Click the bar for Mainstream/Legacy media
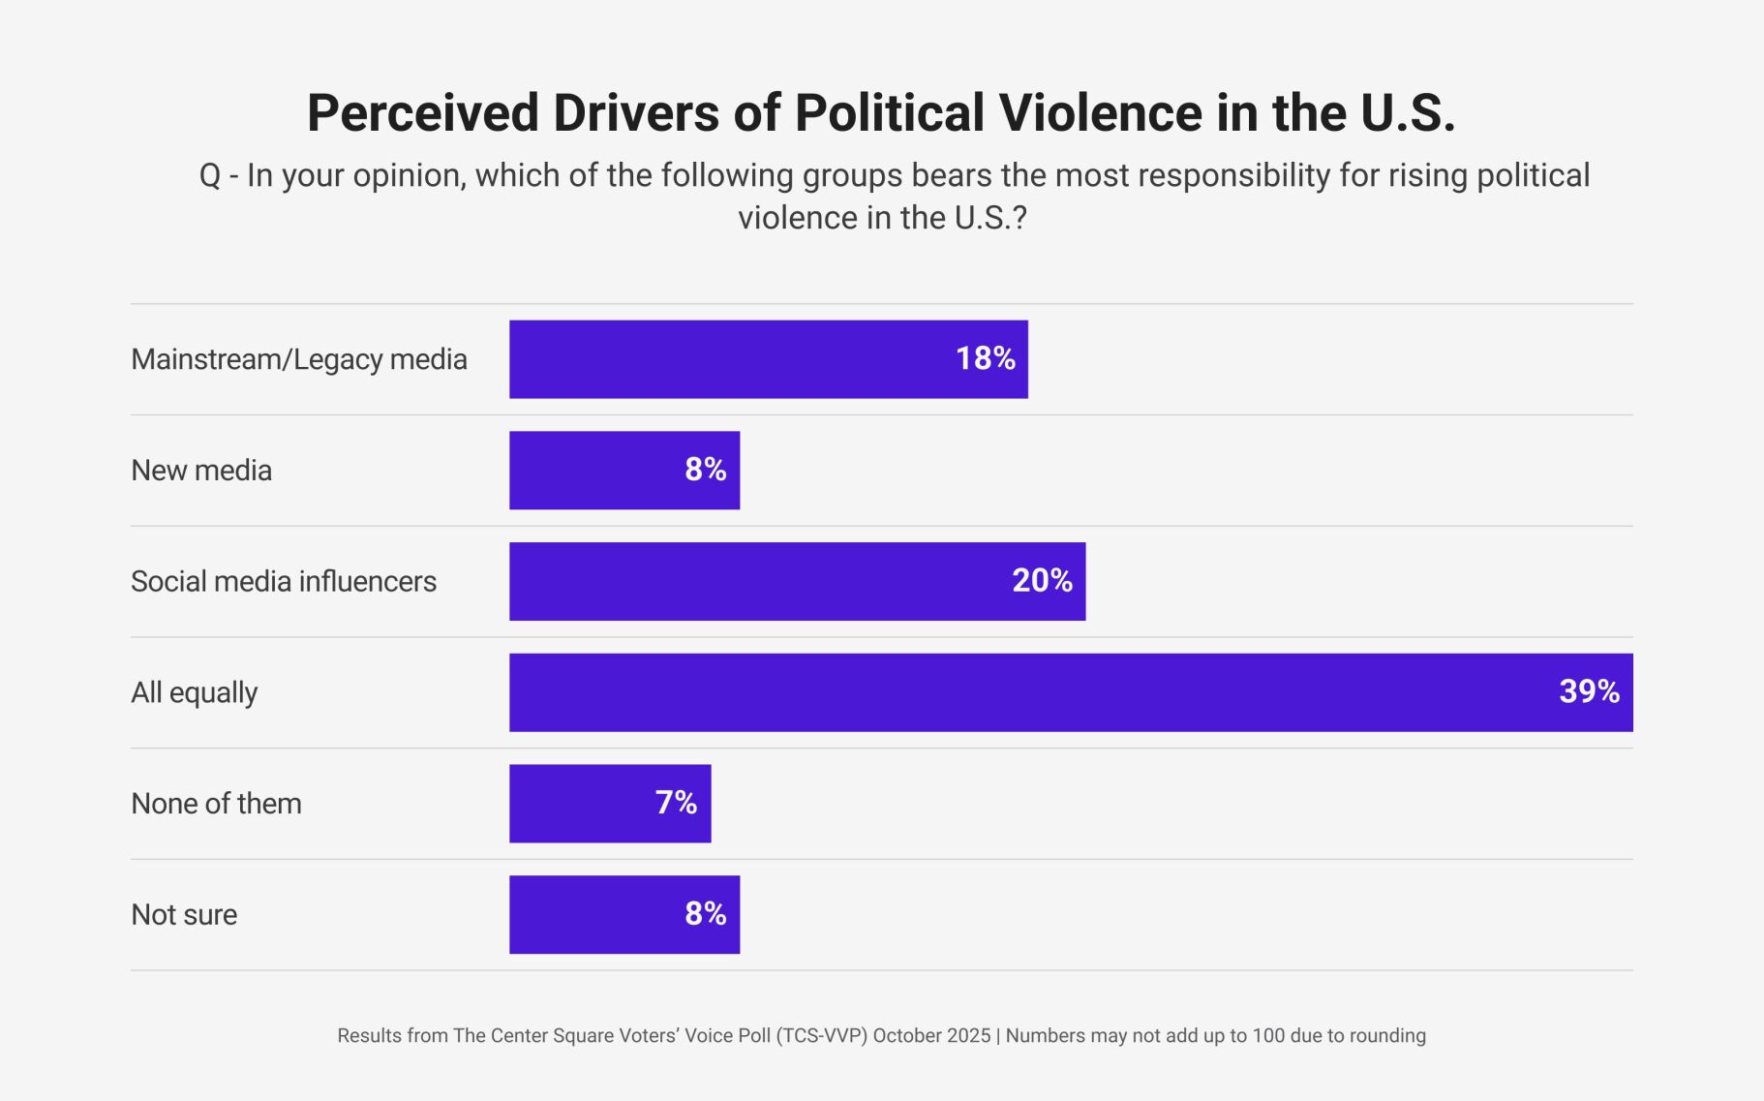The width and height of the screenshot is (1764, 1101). click(x=768, y=359)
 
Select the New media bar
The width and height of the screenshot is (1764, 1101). click(x=624, y=471)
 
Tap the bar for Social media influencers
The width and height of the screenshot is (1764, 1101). click(x=797, y=581)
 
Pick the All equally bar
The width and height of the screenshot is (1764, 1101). click(x=1070, y=692)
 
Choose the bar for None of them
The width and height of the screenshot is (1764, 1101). click(x=610, y=804)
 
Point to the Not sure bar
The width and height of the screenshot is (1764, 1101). click(x=624, y=915)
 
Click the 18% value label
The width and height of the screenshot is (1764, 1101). click(x=985, y=358)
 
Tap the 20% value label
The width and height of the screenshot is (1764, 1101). click(x=1042, y=580)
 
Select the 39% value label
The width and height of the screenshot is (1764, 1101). click(x=1589, y=691)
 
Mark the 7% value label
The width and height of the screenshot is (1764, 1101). click(x=676, y=803)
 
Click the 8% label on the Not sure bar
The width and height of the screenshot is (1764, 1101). click(x=705, y=913)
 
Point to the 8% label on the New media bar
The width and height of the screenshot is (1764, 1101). click(x=705, y=470)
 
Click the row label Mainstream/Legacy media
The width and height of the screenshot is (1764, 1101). click(x=298, y=359)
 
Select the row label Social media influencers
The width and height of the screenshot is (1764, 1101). click(x=284, y=581)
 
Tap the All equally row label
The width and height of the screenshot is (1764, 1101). click(x=194, y=692)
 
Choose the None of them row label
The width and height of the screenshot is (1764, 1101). click(x=216, y=804)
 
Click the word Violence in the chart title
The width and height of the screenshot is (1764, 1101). click(x=1101, y=112)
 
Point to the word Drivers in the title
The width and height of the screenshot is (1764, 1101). click(x=636, y=112)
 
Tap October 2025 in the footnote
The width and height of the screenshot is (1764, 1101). click(x=931, y=1035)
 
